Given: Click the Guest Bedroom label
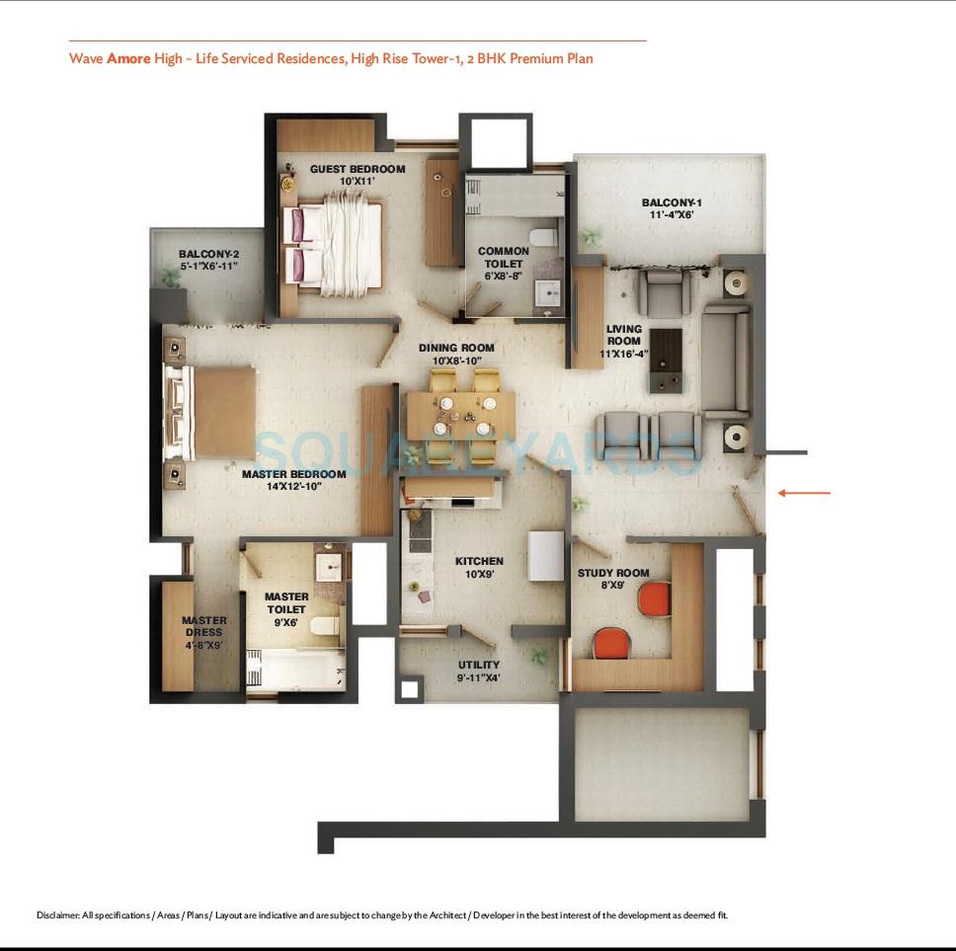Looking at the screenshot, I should click(x=358, y=169).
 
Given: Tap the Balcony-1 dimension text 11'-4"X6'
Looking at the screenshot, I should click(x=672, y=214).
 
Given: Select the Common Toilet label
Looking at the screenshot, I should click(x=504, y=251).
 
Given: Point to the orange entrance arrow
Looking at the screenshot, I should click(x=804, y=493).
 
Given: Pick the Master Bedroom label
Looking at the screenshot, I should click(x=293, y=474).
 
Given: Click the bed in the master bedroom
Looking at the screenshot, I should click(x=212, y=412).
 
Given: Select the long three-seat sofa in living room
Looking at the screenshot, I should click(x=726, y=359).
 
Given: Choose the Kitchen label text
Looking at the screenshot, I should click(x=479, y=561).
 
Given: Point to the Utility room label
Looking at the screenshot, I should click(x=479, y=665).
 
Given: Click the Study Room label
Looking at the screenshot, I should click(x=613, y=573).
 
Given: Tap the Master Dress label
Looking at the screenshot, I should click(x=203, y=626).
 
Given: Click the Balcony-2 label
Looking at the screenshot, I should click(x=208, y=254).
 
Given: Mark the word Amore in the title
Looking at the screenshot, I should click(x=128, y=58).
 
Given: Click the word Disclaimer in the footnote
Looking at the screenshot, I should click(x=57, y=915).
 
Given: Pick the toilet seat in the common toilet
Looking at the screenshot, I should click(x=542, y=237).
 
